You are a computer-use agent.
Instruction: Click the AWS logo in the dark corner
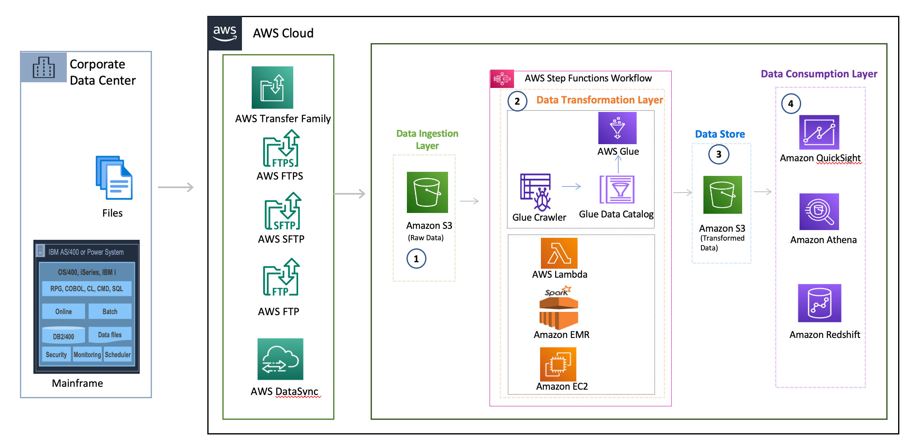[x=225, y=33]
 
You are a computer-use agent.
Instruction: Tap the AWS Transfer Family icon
[x=272, y=88]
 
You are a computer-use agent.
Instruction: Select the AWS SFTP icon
[x=283, y=211]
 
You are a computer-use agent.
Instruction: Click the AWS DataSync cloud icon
[x=280, y=359]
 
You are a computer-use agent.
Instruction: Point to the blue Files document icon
[x=114, y=178]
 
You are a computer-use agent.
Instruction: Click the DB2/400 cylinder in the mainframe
[x=64, y=335]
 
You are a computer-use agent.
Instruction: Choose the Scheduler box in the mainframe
[x=118, y=355]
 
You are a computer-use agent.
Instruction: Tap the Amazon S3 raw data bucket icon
[x=427, y=192]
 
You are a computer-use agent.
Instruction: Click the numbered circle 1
[x=416, y=259]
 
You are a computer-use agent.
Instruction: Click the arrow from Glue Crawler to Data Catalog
[x=571, y=186]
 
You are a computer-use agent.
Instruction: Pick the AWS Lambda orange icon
[x=559, y=253]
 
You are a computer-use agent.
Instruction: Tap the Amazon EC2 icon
[x=558, y=364]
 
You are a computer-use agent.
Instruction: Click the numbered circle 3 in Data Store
[x=718, y=154]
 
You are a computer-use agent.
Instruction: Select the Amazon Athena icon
[x=819, y=212]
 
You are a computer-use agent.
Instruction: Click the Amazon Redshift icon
[x=820, y=303]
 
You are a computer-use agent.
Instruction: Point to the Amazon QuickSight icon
[x=819, y=132]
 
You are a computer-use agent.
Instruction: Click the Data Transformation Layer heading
[x=599, y=100]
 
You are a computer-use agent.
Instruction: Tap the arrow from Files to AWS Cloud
[x=176, y=187]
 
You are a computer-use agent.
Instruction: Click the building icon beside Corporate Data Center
[x=44, y=68]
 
